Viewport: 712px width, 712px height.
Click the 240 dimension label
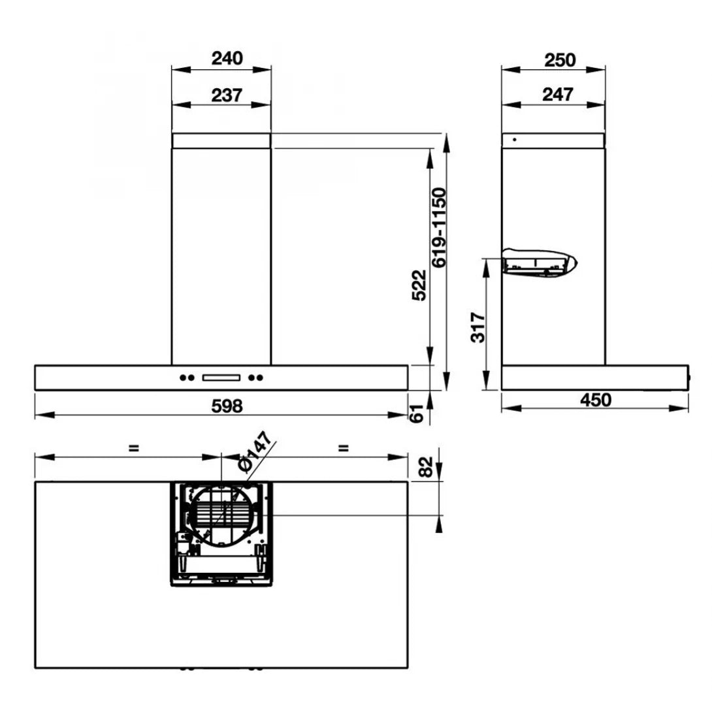(226, 58)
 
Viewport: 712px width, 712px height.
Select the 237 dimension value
(226, 95)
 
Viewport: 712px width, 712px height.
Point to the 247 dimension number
(558, 95)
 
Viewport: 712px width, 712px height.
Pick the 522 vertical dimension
(420, 285)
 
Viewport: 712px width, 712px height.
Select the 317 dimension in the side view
(478, 327)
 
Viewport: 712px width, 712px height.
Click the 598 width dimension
(227, 406)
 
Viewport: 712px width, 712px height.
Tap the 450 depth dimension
(595, 400)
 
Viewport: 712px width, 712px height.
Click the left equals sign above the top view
(133, 448)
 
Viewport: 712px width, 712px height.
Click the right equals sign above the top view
(344, 448)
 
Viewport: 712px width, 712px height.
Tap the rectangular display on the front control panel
(222, 377)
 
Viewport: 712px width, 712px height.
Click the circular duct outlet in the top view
(222, 514)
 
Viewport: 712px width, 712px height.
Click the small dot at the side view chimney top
(515, 139)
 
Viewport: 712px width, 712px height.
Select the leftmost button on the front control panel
(182, 377)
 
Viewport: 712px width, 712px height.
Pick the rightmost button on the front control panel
(261, 377)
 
